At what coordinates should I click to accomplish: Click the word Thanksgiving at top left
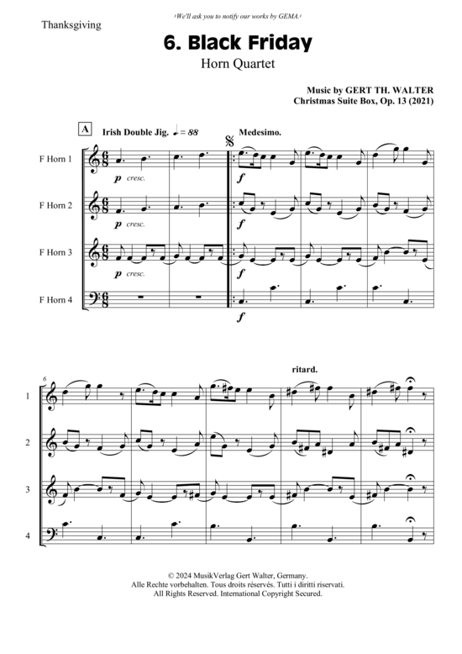point(71,25)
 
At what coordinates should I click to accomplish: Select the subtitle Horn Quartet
point(238,64)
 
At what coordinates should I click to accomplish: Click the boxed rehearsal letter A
point(85,129)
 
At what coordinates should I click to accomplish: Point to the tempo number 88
point(192,133)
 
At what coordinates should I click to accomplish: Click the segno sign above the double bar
point(229,141)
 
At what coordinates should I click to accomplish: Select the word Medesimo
point(260,133)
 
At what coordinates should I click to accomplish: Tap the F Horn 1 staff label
point(55,159)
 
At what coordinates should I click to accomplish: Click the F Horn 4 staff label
point(55,300)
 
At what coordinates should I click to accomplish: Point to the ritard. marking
point(305,370)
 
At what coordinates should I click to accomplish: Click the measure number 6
point(44,379)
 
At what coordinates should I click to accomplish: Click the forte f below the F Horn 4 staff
point(240,318)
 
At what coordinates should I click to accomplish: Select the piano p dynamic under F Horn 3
point(118,273)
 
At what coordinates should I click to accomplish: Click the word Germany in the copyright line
point(292,576)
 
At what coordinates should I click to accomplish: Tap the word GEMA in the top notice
point(289,16)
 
